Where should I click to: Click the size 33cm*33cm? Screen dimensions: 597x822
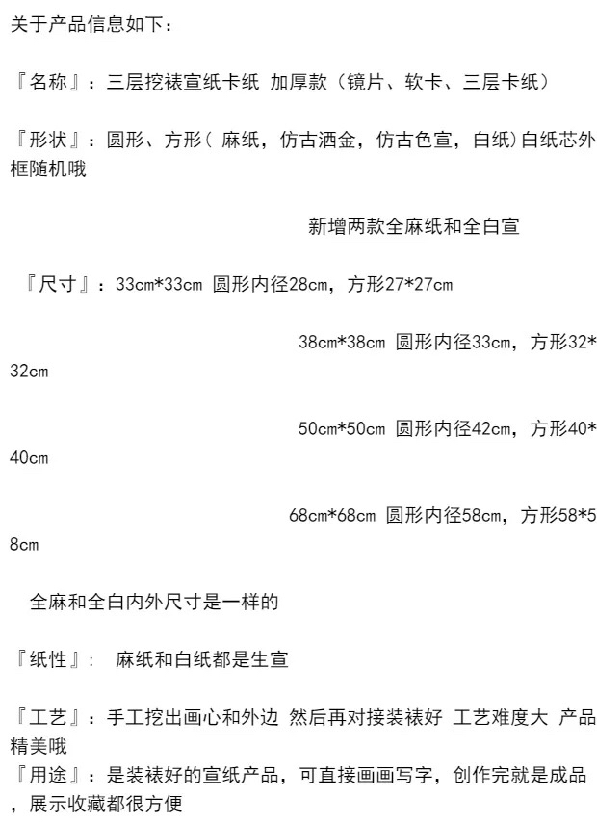[x=159, y=285]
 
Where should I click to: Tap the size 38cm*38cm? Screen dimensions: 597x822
[x=342, y=343]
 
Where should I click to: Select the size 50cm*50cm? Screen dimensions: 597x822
[x=342, y=429]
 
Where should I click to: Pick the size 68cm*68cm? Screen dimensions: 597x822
[x=332, y=516]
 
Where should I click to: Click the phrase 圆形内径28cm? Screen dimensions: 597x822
[x=272, y=285]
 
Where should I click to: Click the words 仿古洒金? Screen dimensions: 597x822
[x=319, y=141]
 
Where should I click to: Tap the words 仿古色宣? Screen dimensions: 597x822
[x=415, y=141]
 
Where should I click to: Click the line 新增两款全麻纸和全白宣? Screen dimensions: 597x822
[x=414, y=227]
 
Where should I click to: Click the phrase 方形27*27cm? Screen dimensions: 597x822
[x=401, y=285]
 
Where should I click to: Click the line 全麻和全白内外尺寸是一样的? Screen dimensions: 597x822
[x=154, y=603]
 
